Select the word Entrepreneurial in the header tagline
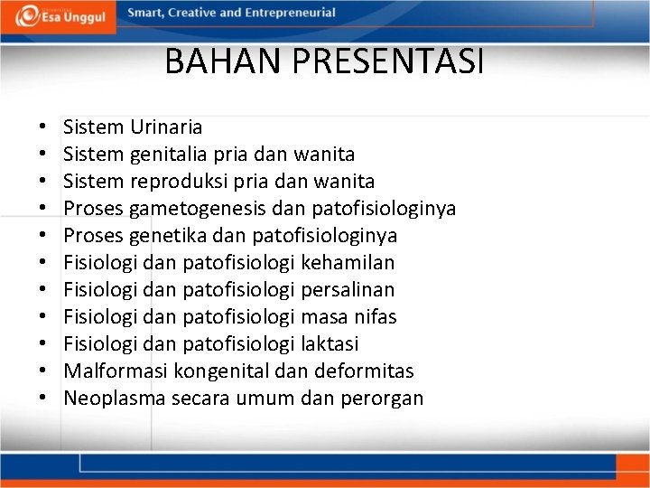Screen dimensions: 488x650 286,13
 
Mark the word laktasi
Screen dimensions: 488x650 335,344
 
